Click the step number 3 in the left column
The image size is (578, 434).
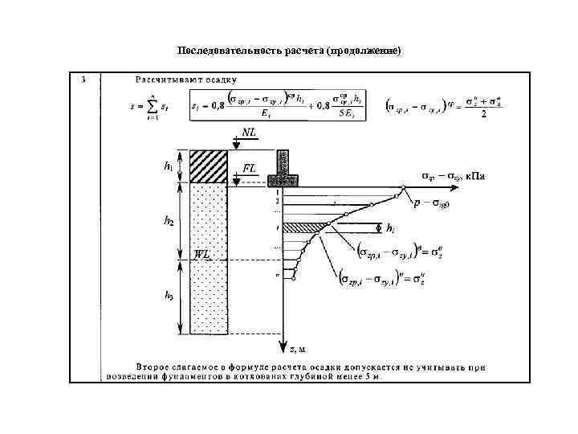click(x=84, y=79)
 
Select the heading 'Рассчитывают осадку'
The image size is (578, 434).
click(x=180, y=80)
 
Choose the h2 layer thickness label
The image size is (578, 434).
click(x=168, y=220)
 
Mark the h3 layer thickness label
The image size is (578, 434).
click(x=168, y=296)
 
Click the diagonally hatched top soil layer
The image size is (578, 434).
click(x=210, y=166)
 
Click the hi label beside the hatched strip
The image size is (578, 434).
click(x=391, y=227)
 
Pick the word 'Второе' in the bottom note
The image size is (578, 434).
click(x=153, y=366)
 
